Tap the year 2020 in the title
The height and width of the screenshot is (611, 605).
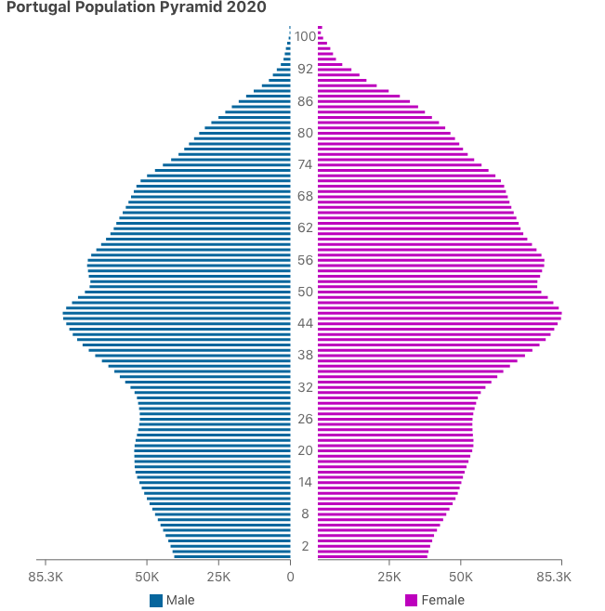pyautogui.click(x=245, y=7)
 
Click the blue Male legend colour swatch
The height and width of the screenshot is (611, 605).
pyautogui.click(x=156, y=600)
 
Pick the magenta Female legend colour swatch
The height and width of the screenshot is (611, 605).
pyautogui.click(x=411, y=600)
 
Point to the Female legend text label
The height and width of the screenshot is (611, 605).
pyautogui.click(x=442, y=600)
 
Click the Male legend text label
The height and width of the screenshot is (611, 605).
pyautogui.click(x=180, y=600)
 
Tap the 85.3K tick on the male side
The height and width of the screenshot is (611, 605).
pyautogui.click(x=46, y=577)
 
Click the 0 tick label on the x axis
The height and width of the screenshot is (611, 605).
pyautogui.click(x=290, y=577)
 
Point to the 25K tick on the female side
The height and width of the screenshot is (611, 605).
pyautogui.click(x=388, y=577)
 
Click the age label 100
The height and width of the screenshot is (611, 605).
pyautogui.click(x=305, y=37)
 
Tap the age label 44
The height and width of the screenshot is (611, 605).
pyautogui.click(x=305, y=323)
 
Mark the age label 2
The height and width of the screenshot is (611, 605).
pyautogui.click(x=305, y=545)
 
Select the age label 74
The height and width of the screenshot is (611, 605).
pyautogui.click(x=305, y=164)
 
